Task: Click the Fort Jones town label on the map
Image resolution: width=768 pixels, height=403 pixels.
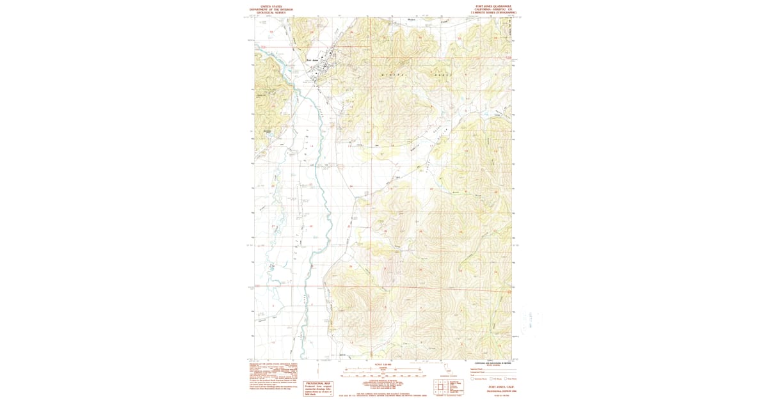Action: pyautogui.click(x=312, y=61)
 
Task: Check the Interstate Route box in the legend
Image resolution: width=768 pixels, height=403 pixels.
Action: pyautogui.click(x=472, y=378)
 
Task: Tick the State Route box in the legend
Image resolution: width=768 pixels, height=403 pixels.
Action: pyautogui.click(x=506, y=378)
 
